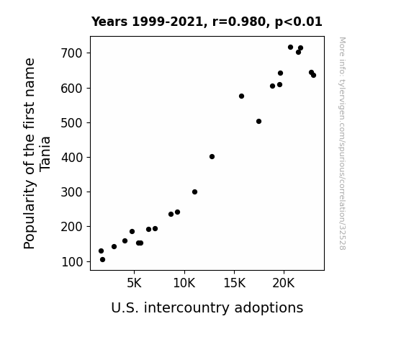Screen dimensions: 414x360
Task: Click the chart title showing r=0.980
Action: [207, 22]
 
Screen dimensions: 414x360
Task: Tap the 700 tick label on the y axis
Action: [72, 53]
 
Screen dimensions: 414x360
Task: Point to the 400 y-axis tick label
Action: [72, 158]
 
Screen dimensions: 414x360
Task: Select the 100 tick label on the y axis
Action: [72, 262]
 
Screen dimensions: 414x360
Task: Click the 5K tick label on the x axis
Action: [134, 283]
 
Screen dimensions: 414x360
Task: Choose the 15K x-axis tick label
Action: [234, 283]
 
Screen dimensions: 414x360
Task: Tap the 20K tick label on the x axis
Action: [284, 283]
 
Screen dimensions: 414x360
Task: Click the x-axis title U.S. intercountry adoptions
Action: [207, 307]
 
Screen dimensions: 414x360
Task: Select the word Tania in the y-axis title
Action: [45, 154]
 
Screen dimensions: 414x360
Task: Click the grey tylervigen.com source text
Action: [342, 143]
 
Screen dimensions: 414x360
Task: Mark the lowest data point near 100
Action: [102, 260]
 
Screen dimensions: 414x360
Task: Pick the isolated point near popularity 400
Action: [212, 157]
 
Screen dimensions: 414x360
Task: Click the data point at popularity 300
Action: [194, 192]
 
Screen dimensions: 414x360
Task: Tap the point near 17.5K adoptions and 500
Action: [258, 121]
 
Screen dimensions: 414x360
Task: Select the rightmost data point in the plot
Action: [313, 76]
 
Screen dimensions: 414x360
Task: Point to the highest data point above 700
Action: [290, 48]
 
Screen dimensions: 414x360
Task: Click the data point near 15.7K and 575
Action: [241, 96]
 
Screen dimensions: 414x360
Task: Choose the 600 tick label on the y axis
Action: [72, 89]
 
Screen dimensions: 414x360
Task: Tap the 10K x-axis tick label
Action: [184, 283]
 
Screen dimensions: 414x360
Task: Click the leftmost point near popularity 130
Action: [101, 251]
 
